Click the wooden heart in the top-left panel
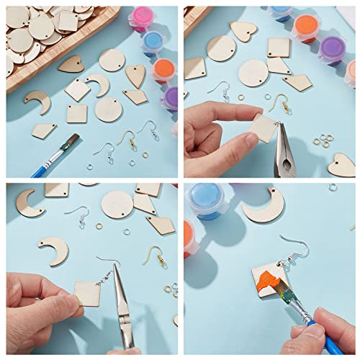71,64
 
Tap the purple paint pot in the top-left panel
171,96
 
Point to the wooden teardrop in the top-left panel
135,75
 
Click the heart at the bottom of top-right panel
341,167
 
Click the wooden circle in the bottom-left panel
117,204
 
